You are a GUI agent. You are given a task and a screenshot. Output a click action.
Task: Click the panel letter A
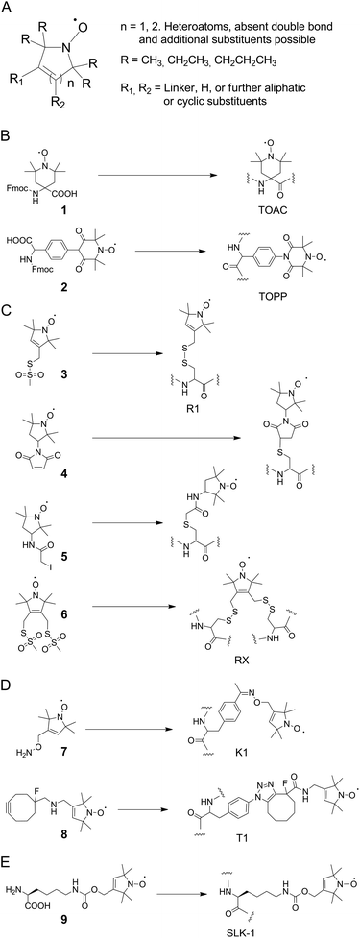pyautogui.click(x=7, y=8)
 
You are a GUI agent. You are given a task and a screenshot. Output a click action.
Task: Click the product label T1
pyautogui.click(x=249, y=823)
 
